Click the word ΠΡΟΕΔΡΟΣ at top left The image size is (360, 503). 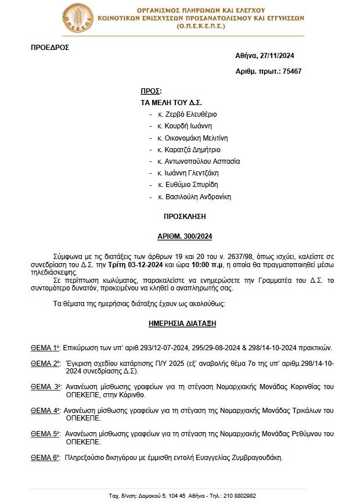pos(49,48)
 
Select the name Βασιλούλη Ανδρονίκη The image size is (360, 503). pos(198,197)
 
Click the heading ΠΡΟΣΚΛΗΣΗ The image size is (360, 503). pos(185,217)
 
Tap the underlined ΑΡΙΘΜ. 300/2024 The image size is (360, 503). pos(185,236)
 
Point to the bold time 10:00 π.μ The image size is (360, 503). pos(199,264)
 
